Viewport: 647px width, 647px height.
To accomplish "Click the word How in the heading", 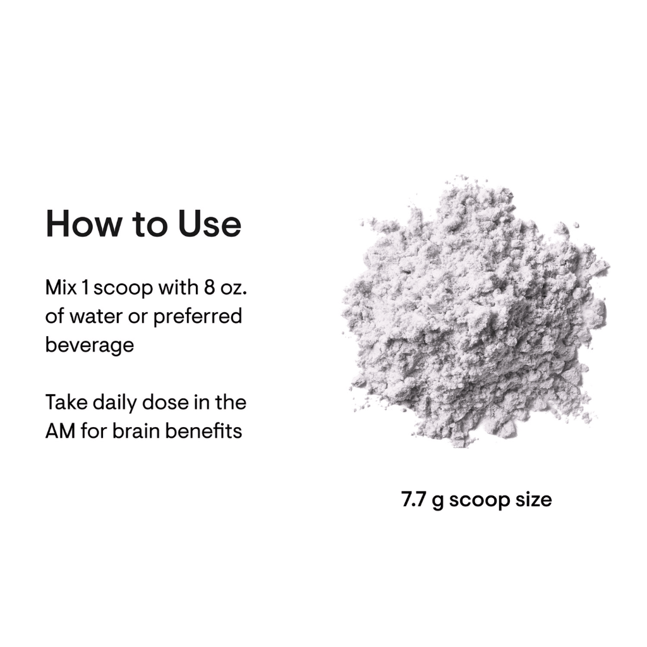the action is (84, 224).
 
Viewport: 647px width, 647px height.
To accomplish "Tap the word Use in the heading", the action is (210, 224).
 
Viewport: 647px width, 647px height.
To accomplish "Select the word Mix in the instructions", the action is (61, 287).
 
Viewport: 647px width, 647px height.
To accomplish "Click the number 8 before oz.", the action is (209, 287).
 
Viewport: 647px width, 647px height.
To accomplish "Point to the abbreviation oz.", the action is (234, 288).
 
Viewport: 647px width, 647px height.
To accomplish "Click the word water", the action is (96, 317).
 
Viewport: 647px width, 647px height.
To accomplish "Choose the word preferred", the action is (198, 317).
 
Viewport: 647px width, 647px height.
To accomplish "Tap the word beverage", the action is (90, 345).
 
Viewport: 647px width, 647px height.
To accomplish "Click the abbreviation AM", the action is (60, 431).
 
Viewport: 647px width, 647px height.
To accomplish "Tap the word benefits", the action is (203, 431).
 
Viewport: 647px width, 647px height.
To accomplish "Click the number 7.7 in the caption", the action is (413, 500).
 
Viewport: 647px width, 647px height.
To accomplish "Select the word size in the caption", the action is (533, 500).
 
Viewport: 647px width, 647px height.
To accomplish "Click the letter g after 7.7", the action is (438, 502).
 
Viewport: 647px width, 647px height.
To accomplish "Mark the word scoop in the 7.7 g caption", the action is (480, 501).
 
